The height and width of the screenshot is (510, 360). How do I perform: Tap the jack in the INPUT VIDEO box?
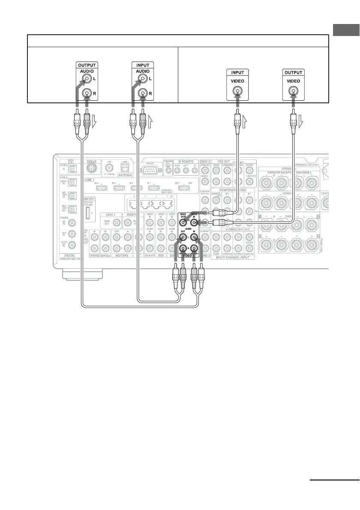(236, 91)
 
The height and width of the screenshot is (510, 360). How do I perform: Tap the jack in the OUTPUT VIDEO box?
(293, 91)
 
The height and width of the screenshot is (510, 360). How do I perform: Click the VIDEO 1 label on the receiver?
(189, 255)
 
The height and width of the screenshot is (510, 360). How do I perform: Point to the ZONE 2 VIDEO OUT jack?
(116, 222)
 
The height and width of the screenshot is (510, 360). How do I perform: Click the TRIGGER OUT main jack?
(169, 170)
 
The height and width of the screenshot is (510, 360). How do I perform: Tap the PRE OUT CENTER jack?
(249, 170)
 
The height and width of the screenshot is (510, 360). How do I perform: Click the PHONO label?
(94, 255)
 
